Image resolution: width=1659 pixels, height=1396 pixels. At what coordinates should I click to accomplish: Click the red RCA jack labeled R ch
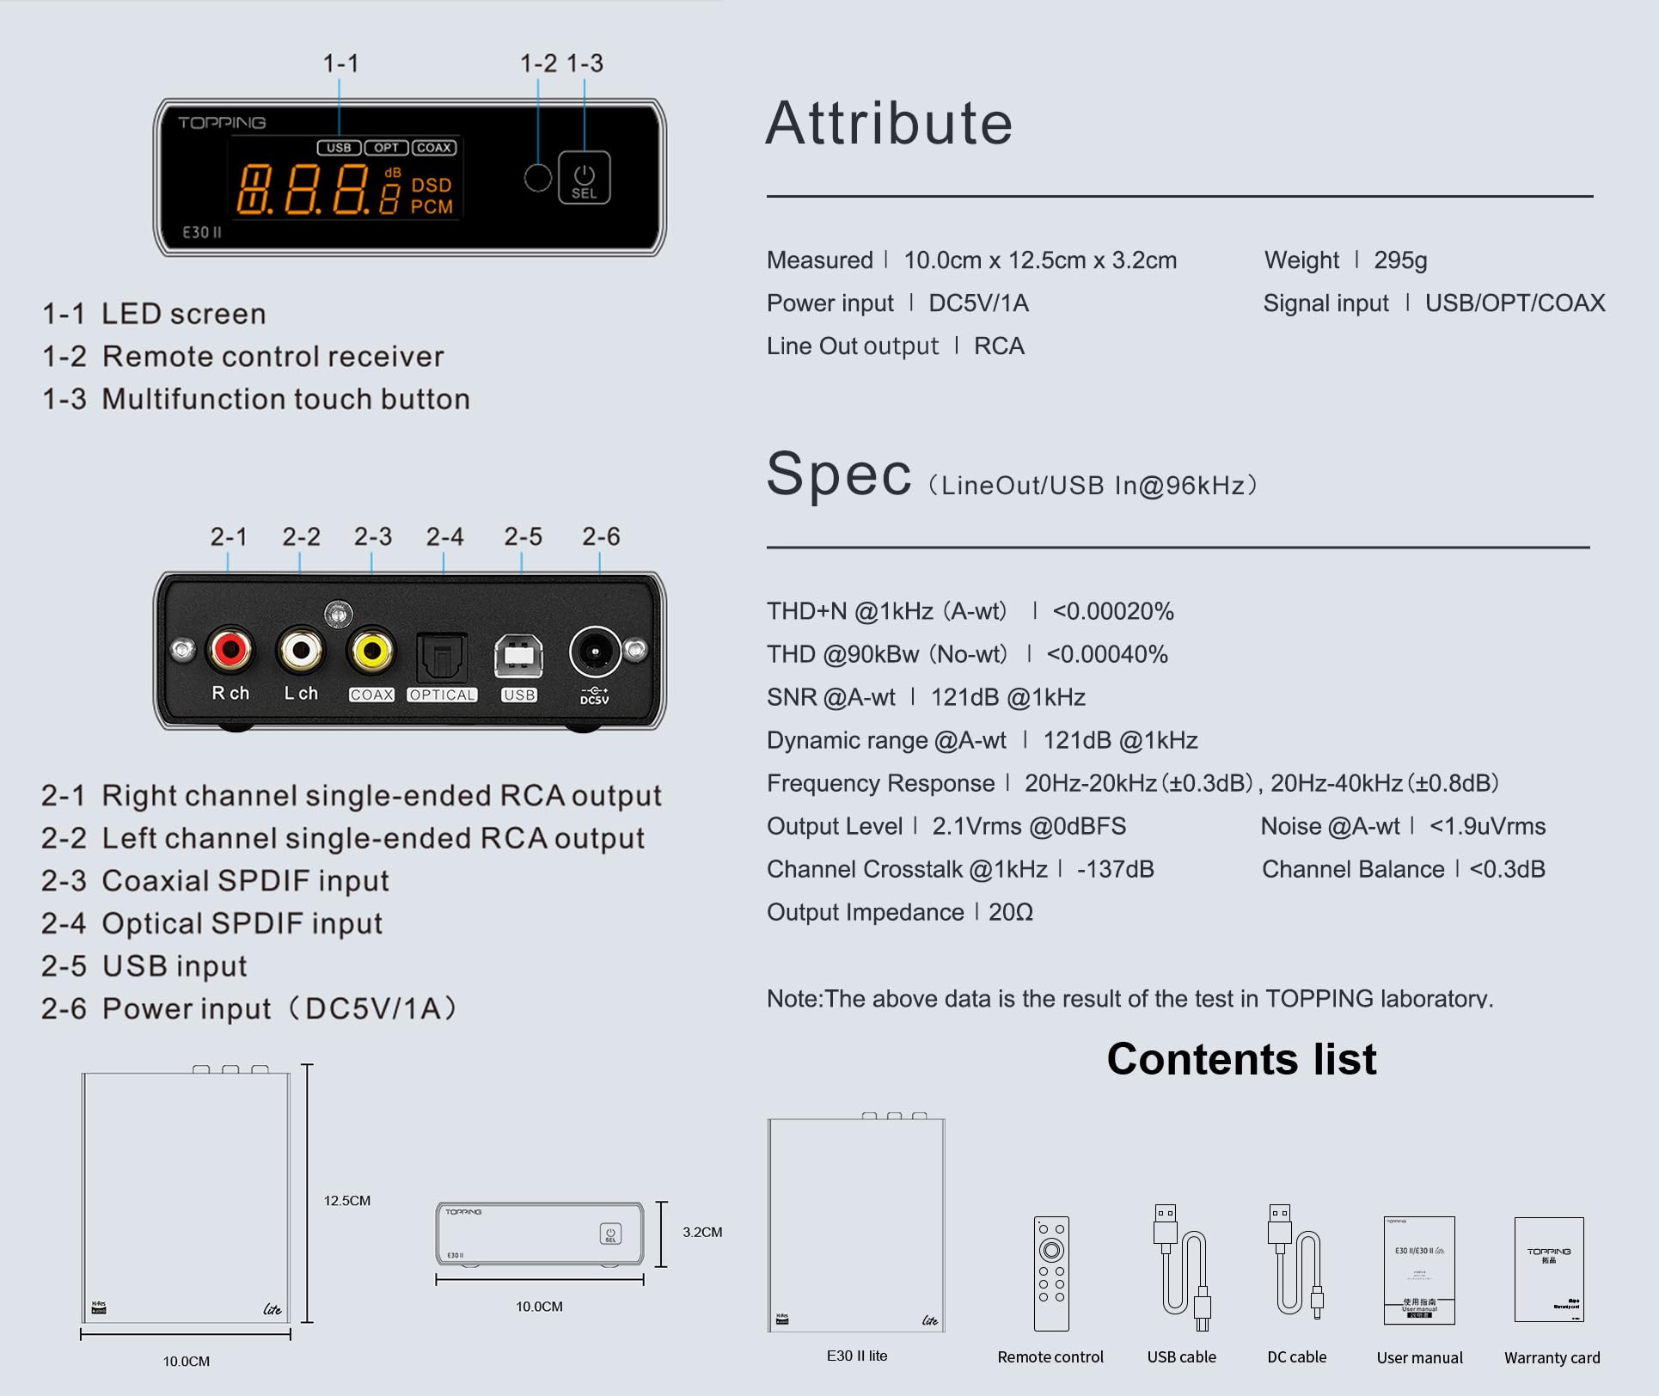pos(230,649)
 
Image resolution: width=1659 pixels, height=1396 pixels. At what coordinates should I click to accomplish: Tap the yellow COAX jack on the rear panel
pos(371,651)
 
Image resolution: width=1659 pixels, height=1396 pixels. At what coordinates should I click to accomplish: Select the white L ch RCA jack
pos(301,650)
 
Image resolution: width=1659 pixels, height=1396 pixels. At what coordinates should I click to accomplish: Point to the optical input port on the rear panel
pos(442,658)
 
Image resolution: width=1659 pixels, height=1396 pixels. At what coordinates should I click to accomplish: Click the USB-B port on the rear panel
pos(518,657)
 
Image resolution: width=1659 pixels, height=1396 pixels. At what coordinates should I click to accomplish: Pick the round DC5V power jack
pos(594,652)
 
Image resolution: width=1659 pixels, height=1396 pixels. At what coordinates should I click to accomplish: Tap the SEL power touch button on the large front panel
pos(585,178)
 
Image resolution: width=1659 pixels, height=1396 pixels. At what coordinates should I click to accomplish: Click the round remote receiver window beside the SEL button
pos(537,178)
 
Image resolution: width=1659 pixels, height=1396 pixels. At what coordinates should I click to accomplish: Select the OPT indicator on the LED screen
pos(386,148)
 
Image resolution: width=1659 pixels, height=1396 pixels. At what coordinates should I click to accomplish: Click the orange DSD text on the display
pos(431,185)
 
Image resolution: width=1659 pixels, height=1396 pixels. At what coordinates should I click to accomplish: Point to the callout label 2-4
pos(444,536)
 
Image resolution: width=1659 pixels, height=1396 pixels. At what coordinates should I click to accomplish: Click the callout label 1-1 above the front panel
pos(340,64)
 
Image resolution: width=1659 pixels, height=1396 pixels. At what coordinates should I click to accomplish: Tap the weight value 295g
pos(1400,260)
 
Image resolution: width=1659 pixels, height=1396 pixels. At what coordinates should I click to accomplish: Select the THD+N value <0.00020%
pos(1113,611)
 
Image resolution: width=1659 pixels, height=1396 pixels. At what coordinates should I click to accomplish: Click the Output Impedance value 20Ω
pos(1011,912)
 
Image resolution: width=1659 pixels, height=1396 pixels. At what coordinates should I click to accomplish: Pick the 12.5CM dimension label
pos(346,1200)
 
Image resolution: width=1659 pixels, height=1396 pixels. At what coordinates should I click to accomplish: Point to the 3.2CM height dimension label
pos(702,1232)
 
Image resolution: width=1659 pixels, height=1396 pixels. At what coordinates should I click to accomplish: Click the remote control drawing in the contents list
pos(1050,1273)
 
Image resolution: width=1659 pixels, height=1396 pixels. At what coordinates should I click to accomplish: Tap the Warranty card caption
pos(1552,1358)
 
